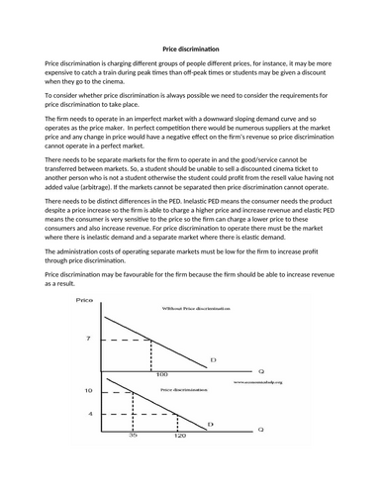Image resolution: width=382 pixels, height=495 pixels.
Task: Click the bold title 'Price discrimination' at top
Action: (x=190, y=49)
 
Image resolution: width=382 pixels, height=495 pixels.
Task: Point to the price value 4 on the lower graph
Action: (x=90, y=413)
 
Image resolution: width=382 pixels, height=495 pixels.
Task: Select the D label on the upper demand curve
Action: (x=213, y=359)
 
